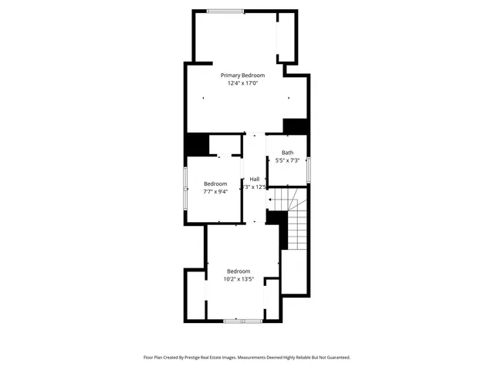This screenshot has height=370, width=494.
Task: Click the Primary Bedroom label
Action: (x=242, y=75)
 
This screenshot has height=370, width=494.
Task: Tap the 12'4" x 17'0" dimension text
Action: (x=242, y=83)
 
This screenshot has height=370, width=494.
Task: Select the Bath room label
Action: (x=287, y=153)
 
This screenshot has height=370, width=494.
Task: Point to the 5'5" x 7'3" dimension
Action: (x=287, y=160)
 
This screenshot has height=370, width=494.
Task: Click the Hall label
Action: (x=254, y=179)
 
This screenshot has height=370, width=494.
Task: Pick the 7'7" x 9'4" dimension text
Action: (x=215, y=191)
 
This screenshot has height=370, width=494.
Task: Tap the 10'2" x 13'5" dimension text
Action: (x=239, y=279)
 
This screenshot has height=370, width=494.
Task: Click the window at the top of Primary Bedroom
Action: (x=225, y=11)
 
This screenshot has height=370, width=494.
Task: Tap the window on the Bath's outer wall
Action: (x=308, y=170)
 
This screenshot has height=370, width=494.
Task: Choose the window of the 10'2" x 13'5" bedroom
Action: (x=242, y=320)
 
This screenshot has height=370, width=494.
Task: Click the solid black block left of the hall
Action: (x=197, y=146)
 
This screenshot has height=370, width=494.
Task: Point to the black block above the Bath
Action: (x=296, y=126)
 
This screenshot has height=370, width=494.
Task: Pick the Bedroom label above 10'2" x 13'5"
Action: (x=239, y=271)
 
